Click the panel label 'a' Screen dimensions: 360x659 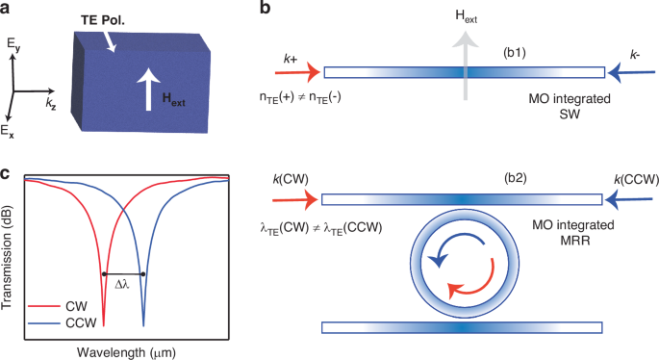click(x=7, y=9)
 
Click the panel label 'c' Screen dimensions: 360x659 click(x=7, y=175)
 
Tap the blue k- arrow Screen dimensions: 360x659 click(x=630, y=70)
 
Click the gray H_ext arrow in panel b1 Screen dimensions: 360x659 click(x=468, y=67)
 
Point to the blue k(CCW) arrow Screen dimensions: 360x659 click(x=629, y=199)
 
